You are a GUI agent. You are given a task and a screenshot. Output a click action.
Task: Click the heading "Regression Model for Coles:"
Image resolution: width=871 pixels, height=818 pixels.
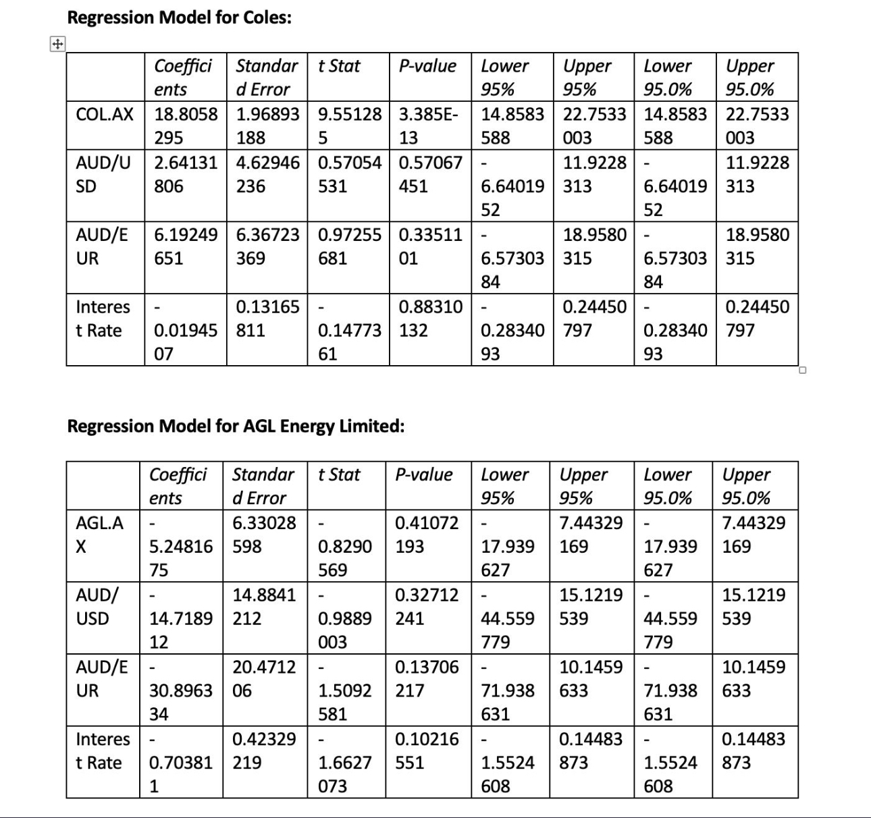[x=179, y=18]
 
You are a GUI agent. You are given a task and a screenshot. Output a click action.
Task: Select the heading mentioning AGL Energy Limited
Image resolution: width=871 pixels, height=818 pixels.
[x=236, y=427]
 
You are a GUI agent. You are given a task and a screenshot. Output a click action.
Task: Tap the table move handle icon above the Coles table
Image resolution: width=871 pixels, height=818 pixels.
[x=57, y=45]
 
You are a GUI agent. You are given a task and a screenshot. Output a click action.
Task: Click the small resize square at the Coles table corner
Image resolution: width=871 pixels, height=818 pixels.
[x=802, y=370]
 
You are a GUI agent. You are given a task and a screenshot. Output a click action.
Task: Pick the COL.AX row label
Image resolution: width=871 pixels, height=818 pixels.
[x=105, y=114]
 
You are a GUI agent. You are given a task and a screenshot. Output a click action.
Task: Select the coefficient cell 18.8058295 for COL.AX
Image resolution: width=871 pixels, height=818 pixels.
[x=185, y=126]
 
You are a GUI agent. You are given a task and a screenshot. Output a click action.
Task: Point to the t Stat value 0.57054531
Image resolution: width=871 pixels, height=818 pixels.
[x=348, y=174]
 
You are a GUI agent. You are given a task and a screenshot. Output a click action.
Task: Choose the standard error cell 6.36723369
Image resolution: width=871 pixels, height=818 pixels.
[x=267, y=246]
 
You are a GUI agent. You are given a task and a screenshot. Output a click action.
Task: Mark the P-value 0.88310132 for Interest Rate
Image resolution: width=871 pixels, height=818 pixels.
[x=429, y=319]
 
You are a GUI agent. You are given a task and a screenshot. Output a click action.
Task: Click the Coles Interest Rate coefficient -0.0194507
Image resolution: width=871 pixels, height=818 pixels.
[x=185, y=330]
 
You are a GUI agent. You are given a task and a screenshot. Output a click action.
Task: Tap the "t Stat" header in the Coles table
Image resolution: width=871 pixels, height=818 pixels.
[x=339, y=66]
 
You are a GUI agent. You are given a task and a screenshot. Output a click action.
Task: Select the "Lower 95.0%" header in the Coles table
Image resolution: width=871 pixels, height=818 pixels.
[x=667, y=78]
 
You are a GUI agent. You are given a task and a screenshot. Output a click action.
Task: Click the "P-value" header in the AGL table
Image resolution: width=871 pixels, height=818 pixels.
[x=423, y=474]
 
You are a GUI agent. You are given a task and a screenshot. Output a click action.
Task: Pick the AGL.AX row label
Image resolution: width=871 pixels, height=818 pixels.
[x=99, y=535]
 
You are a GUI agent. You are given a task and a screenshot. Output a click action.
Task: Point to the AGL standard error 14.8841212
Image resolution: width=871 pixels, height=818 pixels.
[x=263, y=606]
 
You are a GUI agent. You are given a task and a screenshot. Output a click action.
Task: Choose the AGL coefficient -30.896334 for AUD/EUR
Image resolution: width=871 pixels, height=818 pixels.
[x=180, y=690]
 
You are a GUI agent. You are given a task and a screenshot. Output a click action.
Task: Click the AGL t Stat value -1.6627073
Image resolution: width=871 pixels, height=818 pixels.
[x=344, y=763]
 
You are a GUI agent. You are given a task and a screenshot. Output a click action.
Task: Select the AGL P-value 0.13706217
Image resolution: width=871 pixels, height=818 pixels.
[x=426, y=678]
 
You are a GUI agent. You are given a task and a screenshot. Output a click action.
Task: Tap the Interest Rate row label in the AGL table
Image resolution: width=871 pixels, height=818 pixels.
[x=102, y=751]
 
